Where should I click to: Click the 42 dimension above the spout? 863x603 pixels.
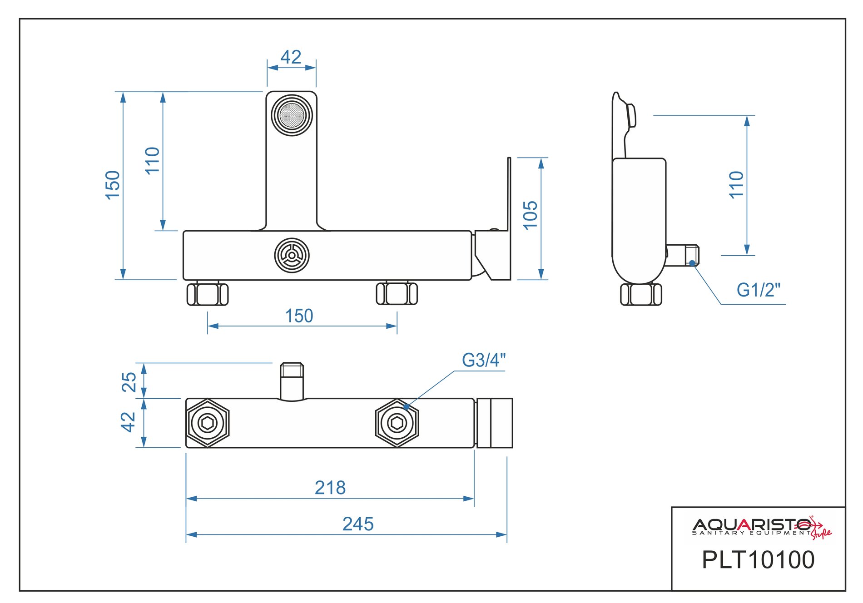pyautogui.click(x=291, y=58)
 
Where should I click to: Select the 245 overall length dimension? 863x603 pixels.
pyautogui.click(x=358, y=524)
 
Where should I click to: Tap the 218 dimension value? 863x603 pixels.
pyautogui.click(x=330, y=488)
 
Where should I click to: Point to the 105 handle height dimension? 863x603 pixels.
pyautogui.click(x=531, y=215)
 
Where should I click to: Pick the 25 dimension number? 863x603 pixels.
pyautogui.click(x=129, y=382)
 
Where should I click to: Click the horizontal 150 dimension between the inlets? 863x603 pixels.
pyautogui.click(x=299, y=316)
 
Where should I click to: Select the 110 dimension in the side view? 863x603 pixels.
pyautogui.click(x=736, y=185)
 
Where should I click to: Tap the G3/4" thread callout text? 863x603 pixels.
pyautogui.click(x=483, y=361)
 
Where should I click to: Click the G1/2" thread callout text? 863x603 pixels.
pyautogui.click(x=758, y=290)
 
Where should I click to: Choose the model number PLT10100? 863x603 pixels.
pyautogui.click(x=758, y=560)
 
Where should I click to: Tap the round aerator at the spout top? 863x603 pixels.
pyautogui.click(x=292, y=115)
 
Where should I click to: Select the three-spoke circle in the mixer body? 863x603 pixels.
pyautogui.click(x=292, y=255)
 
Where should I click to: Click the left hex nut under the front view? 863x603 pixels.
pyautogui.click(x=208, y=294)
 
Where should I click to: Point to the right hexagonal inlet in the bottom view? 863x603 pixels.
pyautogui.click(x=397, y=423)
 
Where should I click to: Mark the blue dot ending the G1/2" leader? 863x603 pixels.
pyautogui.click(x=692, y=263)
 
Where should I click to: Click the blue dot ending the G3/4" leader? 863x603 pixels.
pyautogui.click(x=407, y=407)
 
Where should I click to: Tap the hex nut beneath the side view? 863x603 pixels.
pyautogui.click(x=641, y=294)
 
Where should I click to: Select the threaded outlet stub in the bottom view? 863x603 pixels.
pyautogui.click(x=292, y=381)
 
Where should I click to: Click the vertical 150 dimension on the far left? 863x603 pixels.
pyautogui.click(x=113, y=185)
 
